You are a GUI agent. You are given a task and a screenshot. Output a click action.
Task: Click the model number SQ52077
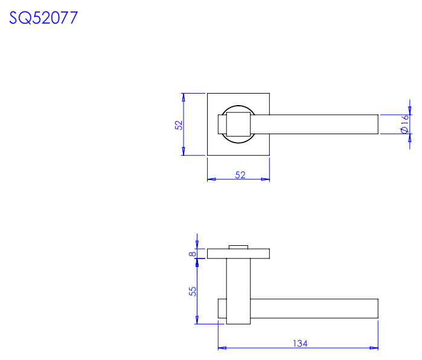click(x=43, y=18)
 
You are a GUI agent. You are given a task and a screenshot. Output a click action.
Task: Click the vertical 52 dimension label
click(x=179, y=125)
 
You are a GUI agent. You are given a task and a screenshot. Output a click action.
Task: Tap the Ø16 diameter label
click(x=404, y=124)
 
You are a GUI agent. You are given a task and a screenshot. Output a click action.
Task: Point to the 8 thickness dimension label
click(x=193, y=254)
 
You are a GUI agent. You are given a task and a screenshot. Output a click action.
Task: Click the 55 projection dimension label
click(x=193, y=291)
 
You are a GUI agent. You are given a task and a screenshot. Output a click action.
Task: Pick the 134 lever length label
click(x=300, y=344)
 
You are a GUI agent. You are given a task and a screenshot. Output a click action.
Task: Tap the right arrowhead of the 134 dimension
click(x=374, y=348)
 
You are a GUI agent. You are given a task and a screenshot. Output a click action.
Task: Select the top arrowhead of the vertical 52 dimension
click(x=184, y=97)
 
